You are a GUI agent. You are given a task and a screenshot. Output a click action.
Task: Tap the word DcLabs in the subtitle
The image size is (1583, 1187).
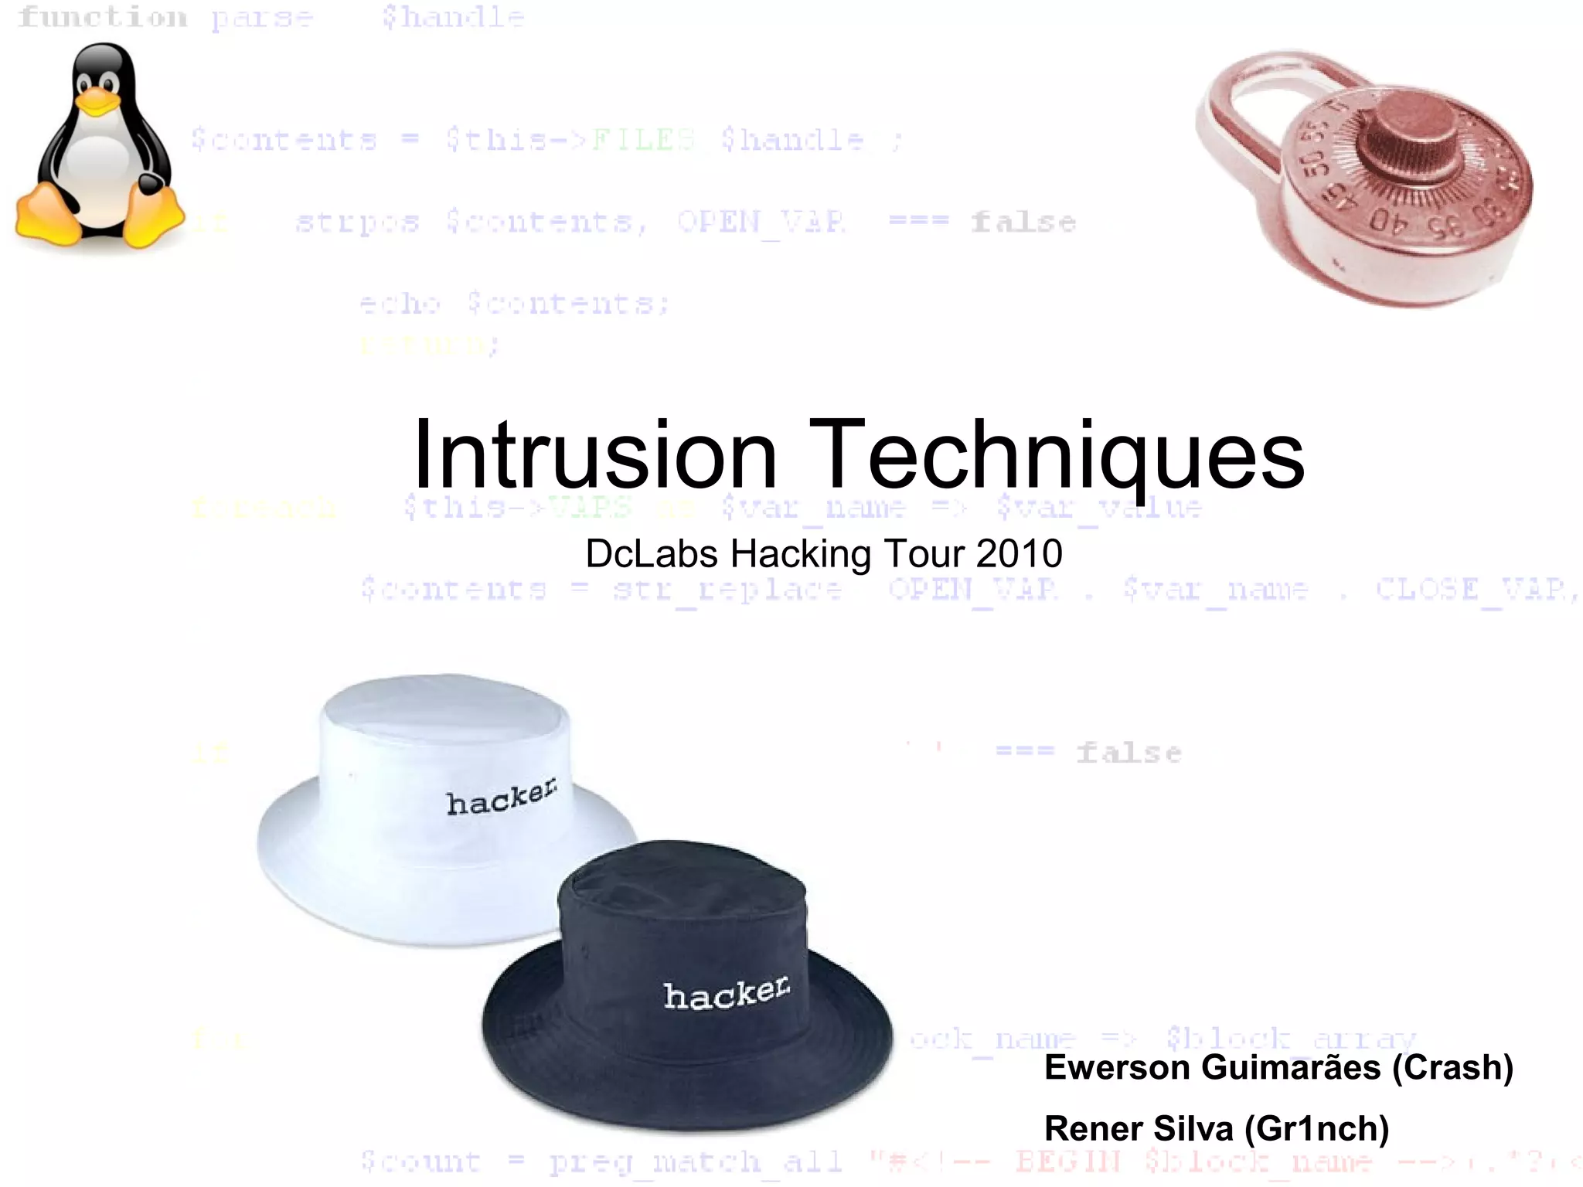point(652,554)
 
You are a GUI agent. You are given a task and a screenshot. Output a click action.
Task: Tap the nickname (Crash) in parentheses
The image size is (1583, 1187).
point(1452,1067)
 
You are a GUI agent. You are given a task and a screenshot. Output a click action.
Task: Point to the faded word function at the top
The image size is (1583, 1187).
point(103,17)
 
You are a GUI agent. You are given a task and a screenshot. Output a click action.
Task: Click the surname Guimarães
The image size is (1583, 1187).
point(1292,1067)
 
